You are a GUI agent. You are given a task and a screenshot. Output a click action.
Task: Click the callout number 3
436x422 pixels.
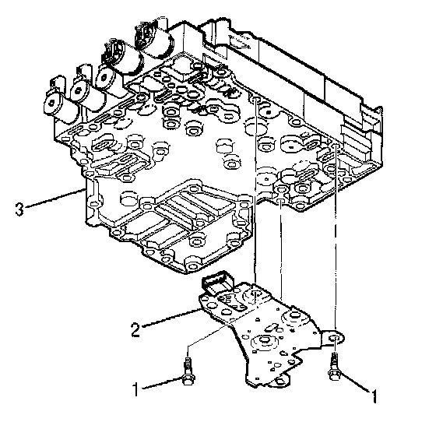(19, 209)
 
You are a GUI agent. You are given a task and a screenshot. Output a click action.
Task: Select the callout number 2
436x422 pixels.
(135, 330)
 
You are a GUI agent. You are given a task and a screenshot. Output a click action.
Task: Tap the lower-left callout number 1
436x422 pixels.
(135, 389)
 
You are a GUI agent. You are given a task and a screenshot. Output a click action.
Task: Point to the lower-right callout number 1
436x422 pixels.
(374, 396)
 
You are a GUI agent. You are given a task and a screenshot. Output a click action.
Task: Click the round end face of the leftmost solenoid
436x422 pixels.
(52, 103)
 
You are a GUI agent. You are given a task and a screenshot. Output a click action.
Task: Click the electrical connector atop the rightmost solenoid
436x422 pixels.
(145, 35)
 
